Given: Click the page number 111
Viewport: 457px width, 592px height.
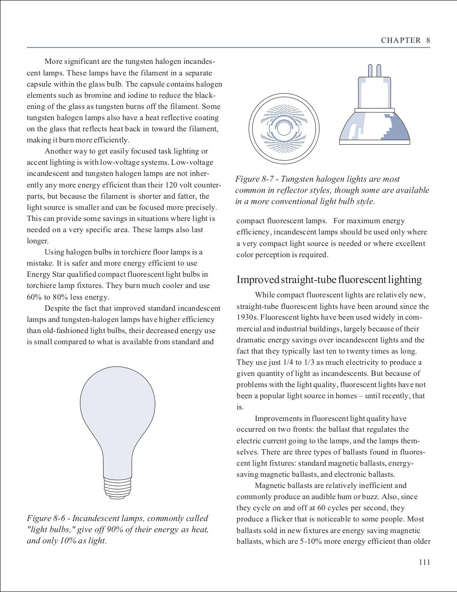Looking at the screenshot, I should tap(424, 562).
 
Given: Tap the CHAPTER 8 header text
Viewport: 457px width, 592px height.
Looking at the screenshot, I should tap(405, 40).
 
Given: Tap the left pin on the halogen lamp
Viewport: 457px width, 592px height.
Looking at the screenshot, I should tap(370, 71).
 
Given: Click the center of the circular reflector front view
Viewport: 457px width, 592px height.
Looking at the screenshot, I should tap(284, 129).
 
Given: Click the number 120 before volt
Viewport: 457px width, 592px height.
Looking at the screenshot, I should tap(171, 185).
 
